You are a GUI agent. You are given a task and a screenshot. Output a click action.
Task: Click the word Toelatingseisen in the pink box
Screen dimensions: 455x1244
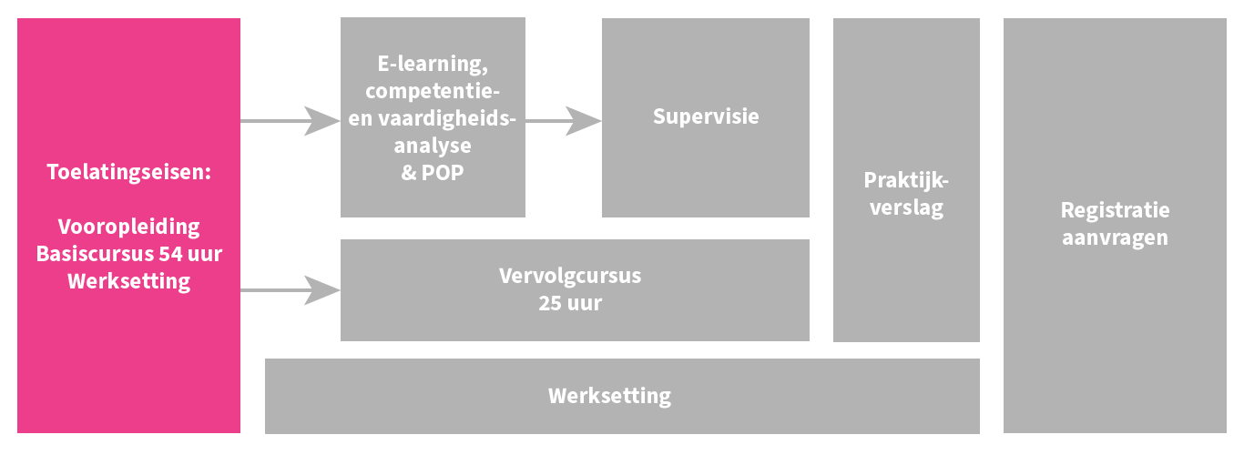click(x=127, y=171)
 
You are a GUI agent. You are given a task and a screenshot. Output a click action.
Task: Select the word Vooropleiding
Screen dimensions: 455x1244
click(x=128, y=227)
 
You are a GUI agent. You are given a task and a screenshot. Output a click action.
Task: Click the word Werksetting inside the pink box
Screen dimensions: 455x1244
click(x=128, y=281)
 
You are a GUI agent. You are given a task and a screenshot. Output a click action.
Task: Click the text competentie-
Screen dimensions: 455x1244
click(x=433, y=91)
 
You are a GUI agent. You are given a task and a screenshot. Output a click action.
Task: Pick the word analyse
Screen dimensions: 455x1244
click(x=433, y=146)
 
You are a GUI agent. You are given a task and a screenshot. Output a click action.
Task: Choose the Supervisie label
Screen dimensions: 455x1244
click(x=706, y=116)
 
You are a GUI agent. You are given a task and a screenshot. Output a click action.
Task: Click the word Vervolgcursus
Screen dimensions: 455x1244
click(x=570, y=276)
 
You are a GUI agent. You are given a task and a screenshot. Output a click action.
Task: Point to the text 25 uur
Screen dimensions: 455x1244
click(x=570, y=303)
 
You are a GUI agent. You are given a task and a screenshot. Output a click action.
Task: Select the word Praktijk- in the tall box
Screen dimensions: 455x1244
click(x=906, y=180)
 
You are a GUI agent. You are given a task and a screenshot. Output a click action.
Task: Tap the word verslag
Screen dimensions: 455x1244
click(x=906, y=207)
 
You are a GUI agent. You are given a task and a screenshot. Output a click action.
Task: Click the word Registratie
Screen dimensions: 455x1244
click(x=1115, y=210)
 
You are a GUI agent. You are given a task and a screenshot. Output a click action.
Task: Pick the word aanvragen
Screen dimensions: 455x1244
click(x=1115, y=238)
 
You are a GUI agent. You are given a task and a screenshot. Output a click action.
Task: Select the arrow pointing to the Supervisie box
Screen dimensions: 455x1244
click(x=565, y=120)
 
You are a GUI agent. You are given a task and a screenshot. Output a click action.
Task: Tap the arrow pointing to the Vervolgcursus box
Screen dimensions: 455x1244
click(x=291, y=290)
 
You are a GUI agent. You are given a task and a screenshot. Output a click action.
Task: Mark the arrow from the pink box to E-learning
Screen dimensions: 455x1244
click(x=291, y=120)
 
